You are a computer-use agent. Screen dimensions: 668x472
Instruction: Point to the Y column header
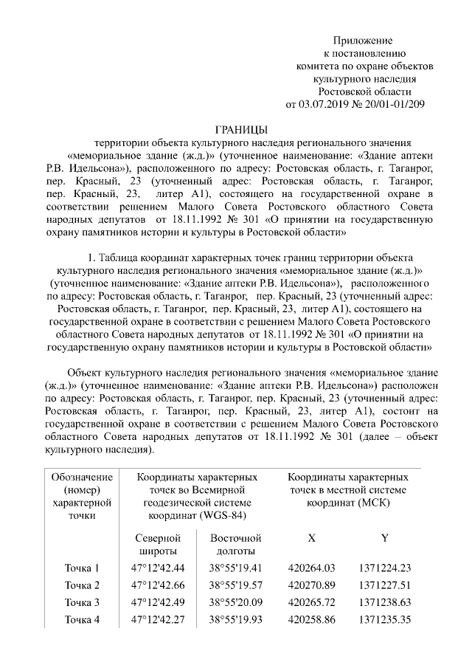[384, 538]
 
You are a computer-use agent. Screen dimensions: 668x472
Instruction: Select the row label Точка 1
[82, 568]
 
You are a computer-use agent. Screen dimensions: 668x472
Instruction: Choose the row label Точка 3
[82, 602]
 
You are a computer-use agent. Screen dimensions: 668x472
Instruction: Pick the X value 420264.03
[312, 568]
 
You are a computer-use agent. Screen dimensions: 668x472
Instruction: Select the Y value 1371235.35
[384, 619]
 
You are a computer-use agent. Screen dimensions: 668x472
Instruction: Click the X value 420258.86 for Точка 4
[312, 619]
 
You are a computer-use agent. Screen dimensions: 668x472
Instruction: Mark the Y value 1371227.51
[384, 585]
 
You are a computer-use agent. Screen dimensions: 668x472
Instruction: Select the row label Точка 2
[82, 585]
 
